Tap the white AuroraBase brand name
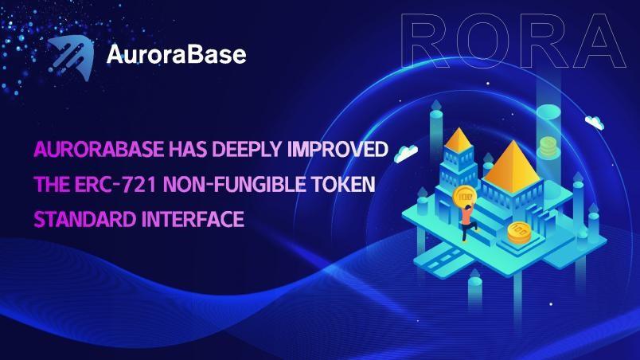pyautogui.click(x=177, y=54)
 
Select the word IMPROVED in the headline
pyautogui.click(x=338, y=149)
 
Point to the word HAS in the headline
pyautogui.click(x=188, y=149)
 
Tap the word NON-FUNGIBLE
pyautogui.click(x=234, y=185)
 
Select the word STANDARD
pyautogui.click(x=85, y=219)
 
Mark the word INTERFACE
pyautogui.click(x=193, y=219)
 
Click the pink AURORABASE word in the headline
pyautogui.click(x=99, y=149)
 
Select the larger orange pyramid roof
pyautogui.click(x=512, y=166)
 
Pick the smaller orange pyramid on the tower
pyautogui.click(x=459, y=140)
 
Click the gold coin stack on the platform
pyautogui.click(x=519, y=233)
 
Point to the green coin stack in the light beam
pyautogui.click(x=548, y=147)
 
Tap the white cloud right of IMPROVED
pyautogui.click(x=406, y=153)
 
